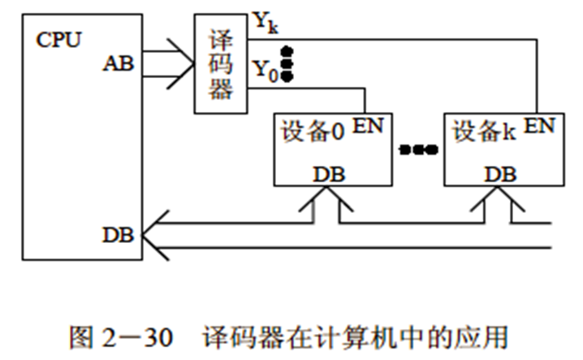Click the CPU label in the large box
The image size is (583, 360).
tap(58, 39)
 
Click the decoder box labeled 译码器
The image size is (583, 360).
tap(220, 63)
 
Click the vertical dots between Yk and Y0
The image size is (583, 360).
tap(286, 64)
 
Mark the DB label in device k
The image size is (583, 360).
tap(497, 173)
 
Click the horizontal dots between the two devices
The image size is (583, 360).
tap(418, 150)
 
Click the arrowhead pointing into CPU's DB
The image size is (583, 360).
tap(152, 235)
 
